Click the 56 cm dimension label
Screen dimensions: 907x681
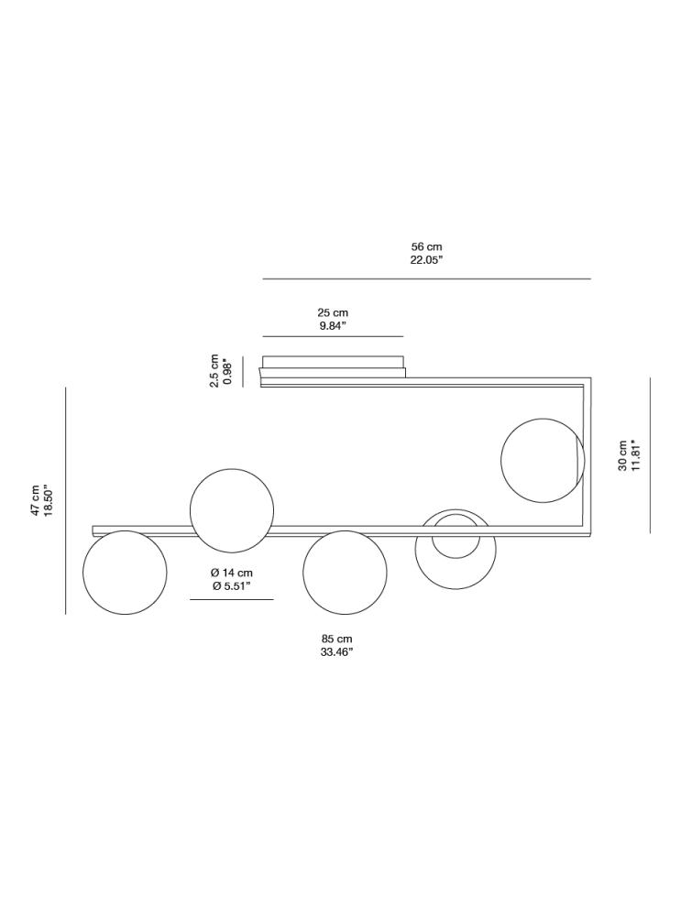[x=426, y=247]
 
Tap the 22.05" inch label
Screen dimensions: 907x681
[x=426, y=260]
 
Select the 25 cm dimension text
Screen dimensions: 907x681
[x=333, y=313]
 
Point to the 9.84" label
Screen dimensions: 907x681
[x=333, y=326]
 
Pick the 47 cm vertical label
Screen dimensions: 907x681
[x=36, y=500]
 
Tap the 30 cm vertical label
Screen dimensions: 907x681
[x=622, y=454]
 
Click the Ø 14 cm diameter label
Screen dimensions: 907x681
[x=231, y=574]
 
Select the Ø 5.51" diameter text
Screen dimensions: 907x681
[x=231, y=586]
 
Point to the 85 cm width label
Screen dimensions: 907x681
[x=336, y=639]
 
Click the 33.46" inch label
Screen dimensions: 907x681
[x=336, y=652]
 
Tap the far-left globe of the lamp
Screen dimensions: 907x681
[x=125, y=573]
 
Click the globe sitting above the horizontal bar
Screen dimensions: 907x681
[x=231, y=510]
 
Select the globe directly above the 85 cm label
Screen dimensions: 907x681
[x=345, y=573]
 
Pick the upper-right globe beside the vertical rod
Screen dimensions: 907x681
[x=542, y=461]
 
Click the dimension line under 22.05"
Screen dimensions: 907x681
[x=426, y=279]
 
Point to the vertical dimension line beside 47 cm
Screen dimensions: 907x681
[x=66, y=500]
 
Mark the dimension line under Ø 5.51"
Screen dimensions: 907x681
[x=231, y=599]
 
